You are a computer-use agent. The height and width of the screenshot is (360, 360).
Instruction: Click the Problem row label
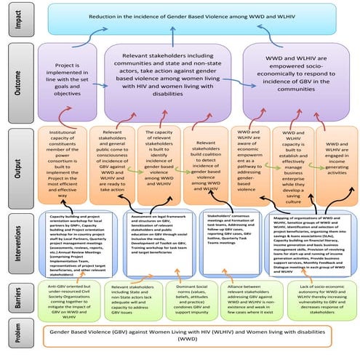point(15,337)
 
